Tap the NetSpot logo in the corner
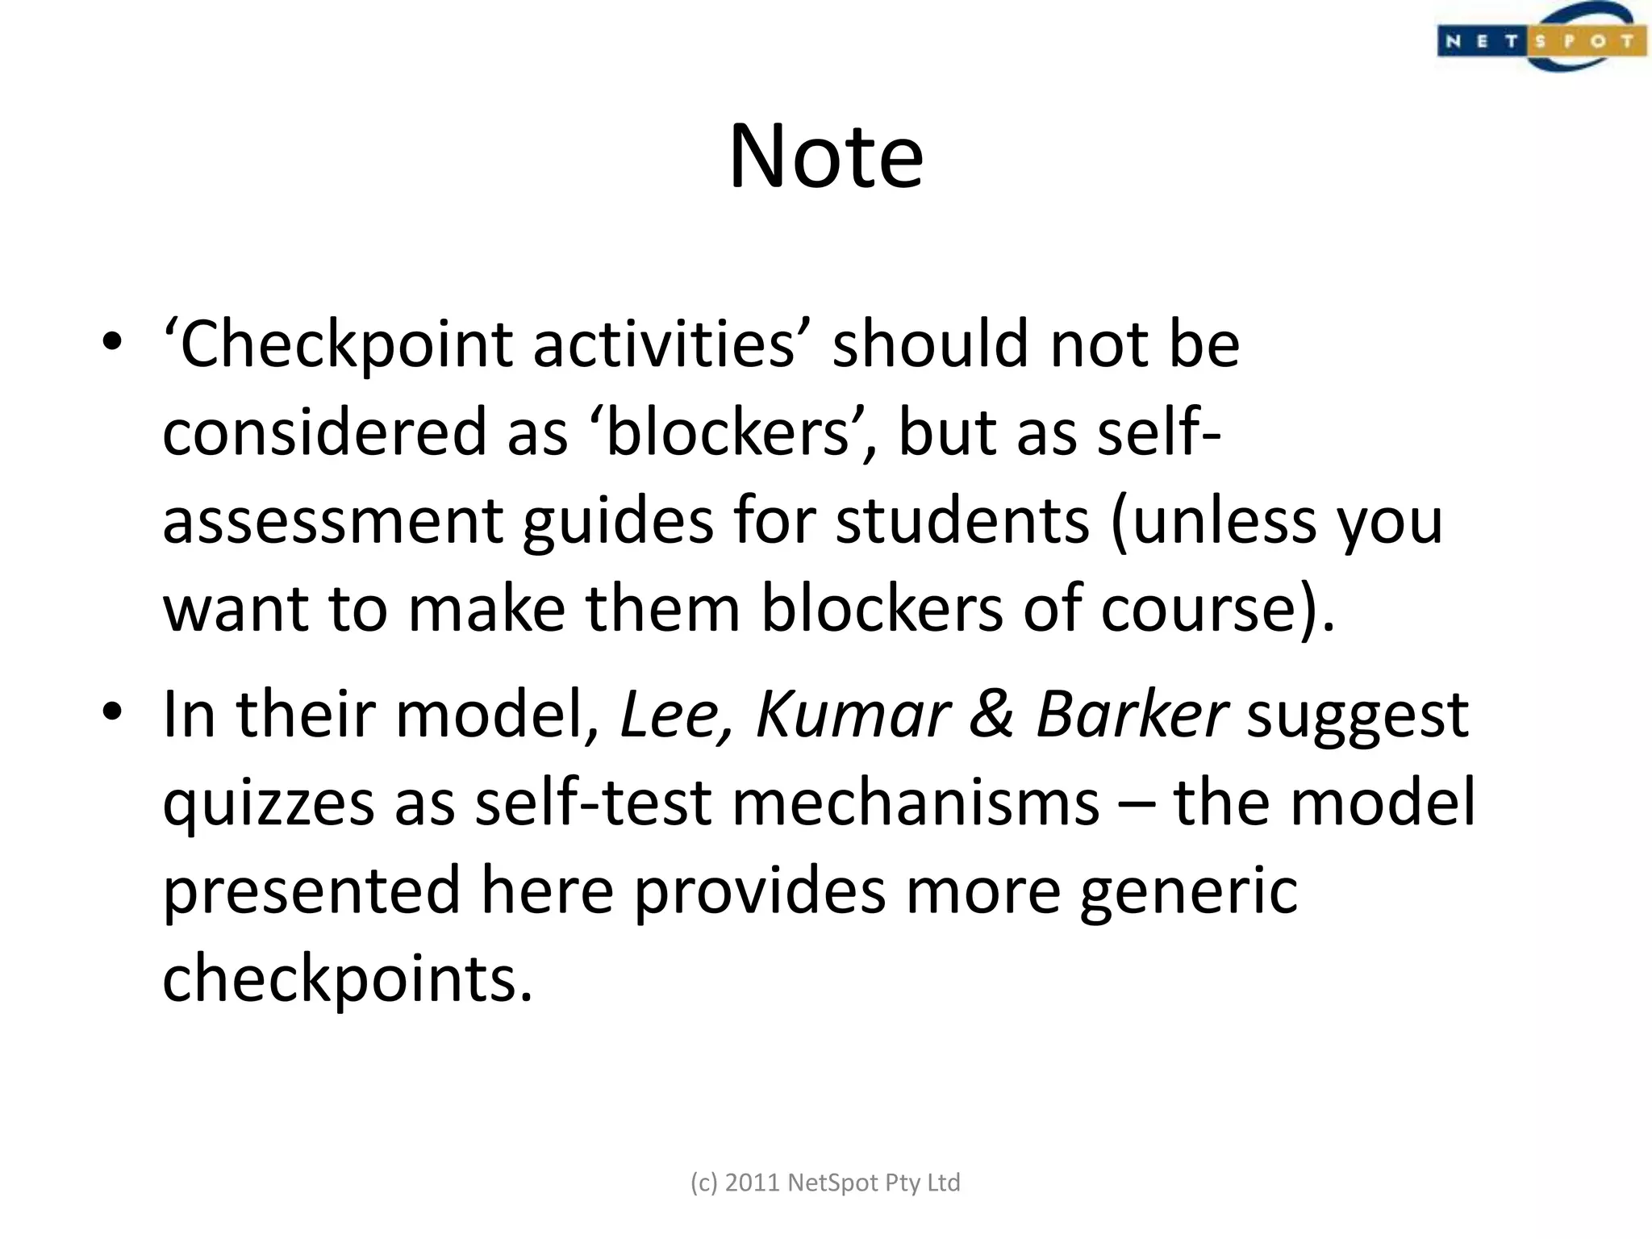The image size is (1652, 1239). click(1541, 39)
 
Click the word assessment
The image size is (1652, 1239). click(332, 522)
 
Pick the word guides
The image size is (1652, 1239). click(618, 522)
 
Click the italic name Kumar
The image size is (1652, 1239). click(853, 715)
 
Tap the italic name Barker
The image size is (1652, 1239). click(1131, 715)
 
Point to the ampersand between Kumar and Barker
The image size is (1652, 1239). click(991, 715)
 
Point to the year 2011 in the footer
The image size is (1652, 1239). click(753, 1183)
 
